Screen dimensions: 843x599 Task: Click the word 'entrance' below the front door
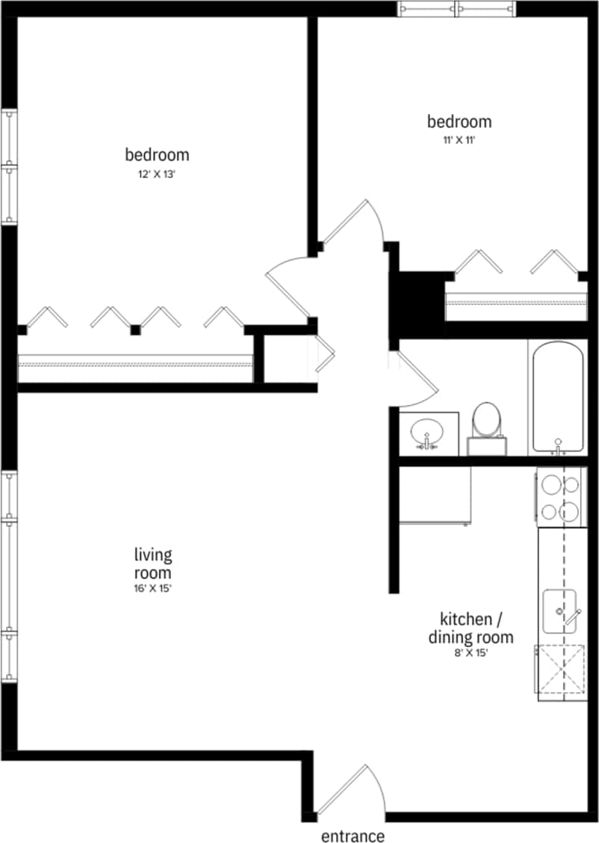[353, 836]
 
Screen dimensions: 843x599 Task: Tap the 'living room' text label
[153, 563]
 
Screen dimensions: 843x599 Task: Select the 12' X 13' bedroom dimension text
[156, 174]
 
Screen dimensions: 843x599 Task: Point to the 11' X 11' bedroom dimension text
[459, 140]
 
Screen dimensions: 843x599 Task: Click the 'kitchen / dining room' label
[471, 627]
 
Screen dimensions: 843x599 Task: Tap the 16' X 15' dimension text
[153, 588]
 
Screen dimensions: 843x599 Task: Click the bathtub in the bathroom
[558, 397]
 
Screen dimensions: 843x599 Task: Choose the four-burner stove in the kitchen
[561, 497]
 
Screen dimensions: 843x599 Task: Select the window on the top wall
[456, 9]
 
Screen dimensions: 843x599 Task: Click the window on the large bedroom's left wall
[9, 166]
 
